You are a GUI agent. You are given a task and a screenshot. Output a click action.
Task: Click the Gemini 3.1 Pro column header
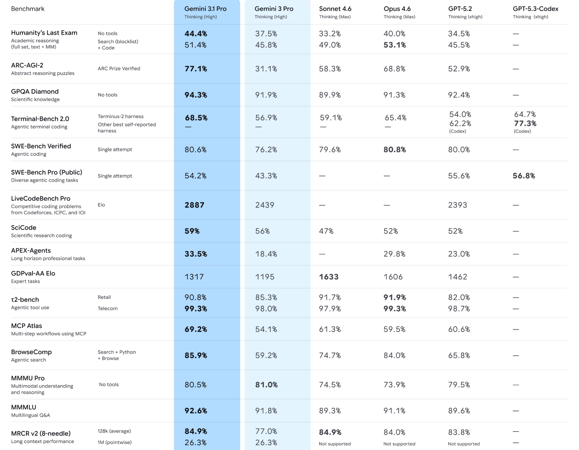pos(205,9)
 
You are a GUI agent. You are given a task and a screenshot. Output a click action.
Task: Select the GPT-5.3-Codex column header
pos(535,9)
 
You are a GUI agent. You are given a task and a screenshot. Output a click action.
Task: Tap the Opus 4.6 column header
pos(397,9)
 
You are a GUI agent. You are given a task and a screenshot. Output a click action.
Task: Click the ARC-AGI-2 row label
pos(27,65)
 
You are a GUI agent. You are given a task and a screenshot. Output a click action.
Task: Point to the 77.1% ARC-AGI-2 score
pos(196,69)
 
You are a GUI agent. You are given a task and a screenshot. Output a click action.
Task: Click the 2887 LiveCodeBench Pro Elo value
pos(194,205)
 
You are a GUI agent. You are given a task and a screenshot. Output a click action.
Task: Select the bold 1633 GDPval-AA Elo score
pos(329,277)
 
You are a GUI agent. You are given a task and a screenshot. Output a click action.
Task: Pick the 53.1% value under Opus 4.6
pos(394,45)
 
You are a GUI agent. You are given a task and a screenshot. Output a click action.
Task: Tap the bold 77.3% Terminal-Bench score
pos(525,123)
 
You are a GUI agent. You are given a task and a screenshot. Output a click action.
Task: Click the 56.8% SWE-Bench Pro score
pos(524,176)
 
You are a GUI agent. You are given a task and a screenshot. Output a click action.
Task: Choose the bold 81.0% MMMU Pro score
pos(266,385)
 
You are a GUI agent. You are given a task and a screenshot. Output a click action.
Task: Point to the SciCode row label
pos(24,228)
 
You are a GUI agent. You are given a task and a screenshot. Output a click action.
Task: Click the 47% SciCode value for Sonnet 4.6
pos(326,231)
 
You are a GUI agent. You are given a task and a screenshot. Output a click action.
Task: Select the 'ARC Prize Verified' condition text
pos(119,68)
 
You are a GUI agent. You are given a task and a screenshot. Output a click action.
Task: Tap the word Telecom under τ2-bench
pos(107,308)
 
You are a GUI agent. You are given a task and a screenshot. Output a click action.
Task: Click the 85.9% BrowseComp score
pos(196,355)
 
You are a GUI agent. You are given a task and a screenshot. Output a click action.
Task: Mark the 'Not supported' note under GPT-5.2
pos(464,444)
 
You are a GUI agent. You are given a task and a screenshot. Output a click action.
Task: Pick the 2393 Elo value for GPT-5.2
pos(457,205)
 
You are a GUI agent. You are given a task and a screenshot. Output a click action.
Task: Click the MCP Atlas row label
pos(27,326)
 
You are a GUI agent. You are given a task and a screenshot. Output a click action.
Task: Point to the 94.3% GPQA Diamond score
pos(196,95)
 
